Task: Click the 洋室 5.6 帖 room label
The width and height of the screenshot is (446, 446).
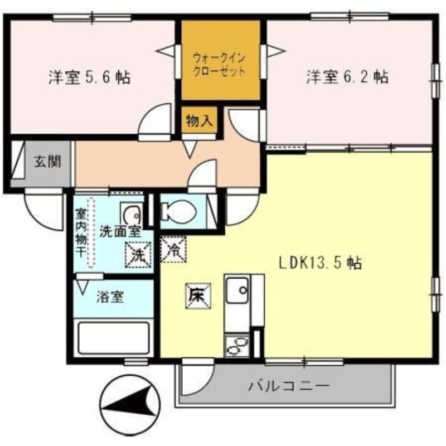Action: [x=89, y=77]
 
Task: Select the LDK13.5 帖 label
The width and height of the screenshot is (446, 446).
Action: [x=321, y=263]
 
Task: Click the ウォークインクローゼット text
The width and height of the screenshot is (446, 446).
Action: [x=219, y=64]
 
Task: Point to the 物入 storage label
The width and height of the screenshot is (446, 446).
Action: [x=199, y=121]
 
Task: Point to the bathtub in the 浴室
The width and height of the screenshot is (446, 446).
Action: [x=115, y=337]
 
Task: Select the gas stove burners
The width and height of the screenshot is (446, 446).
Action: [x=237, y=346]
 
